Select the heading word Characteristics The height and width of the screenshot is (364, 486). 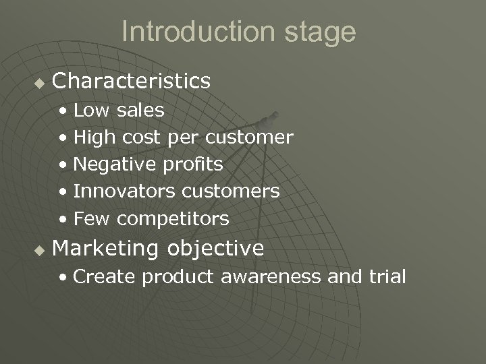tap(131, 82)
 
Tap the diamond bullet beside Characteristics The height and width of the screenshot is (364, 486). tap(38, 83)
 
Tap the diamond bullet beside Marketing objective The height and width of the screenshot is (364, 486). tap(38, 251)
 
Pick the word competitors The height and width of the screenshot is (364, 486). tap(172, 219)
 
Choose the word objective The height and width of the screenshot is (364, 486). tap(215, 249)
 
